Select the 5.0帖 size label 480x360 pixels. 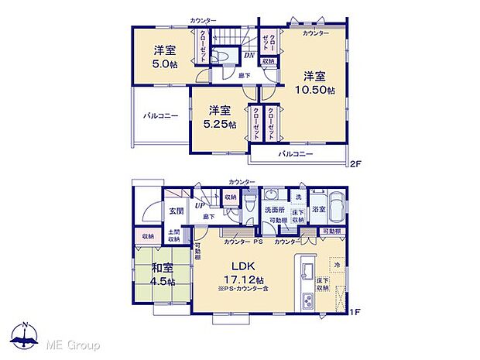click(x=164, y=64)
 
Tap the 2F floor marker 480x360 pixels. click(x=355, y=164)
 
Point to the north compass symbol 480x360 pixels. click(x=26, y=335)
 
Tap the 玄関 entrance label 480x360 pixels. click(x=176, y=210)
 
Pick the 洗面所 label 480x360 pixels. click(x=275, y=210)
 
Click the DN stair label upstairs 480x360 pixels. click(x=249, y=55)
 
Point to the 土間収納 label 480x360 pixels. click(x=175, y=236)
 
